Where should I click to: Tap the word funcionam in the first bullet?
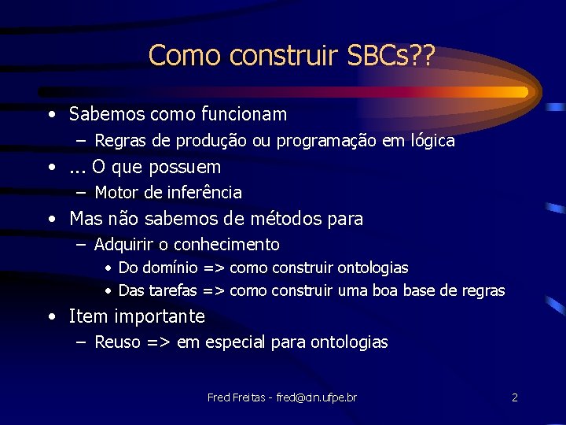click(243, 115)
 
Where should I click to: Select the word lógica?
click(428, 142)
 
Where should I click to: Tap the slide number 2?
click(514, 397)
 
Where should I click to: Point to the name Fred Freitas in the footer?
click(235, 397)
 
